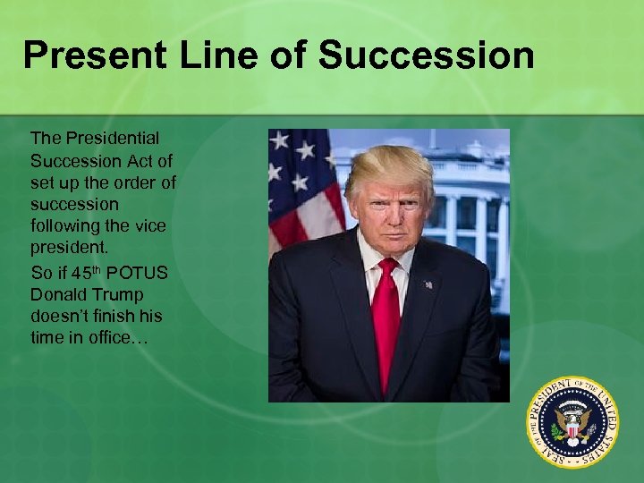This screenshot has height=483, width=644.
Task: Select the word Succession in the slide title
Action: [427, 55]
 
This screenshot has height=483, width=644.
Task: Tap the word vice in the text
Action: [148, 227]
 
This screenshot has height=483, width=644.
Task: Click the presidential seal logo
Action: [572, 419]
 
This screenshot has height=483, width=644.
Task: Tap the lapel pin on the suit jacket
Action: [428, 284]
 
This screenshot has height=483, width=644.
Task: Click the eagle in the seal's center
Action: [572, 419]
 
